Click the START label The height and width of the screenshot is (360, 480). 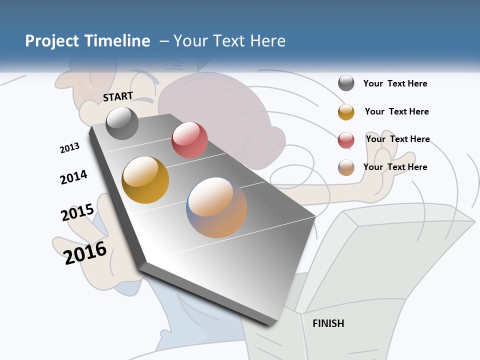click(x=118, y=96)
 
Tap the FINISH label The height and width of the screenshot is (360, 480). click(x=328, y=323)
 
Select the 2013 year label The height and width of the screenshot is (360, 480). click(x=69, y=148)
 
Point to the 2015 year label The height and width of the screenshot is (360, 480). click(x=77, y=212)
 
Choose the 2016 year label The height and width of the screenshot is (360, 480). click(x=85, y=253)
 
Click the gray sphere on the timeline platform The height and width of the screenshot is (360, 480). click(x=122, y=123)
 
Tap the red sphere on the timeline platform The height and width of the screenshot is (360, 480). click(x=189, y=139)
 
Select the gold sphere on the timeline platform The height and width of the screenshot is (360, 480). click(x=145, y=180)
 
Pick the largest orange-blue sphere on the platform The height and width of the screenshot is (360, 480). click(x=216, y=207)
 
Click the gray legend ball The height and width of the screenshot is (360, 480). click(x=346, y=83)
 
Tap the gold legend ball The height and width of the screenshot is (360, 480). click(x=346, y=112)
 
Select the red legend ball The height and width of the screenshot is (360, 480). click(x=346, y=140)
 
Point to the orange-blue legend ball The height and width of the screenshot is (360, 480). click(x=346, y=167)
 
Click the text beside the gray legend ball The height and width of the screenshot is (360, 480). click(x=395, y=83)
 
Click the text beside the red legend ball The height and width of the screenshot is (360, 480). click(x=397, y=139)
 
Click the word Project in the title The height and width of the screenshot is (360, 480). click(x=51, y=41)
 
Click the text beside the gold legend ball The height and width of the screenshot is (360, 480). click(x=396, y=111)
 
